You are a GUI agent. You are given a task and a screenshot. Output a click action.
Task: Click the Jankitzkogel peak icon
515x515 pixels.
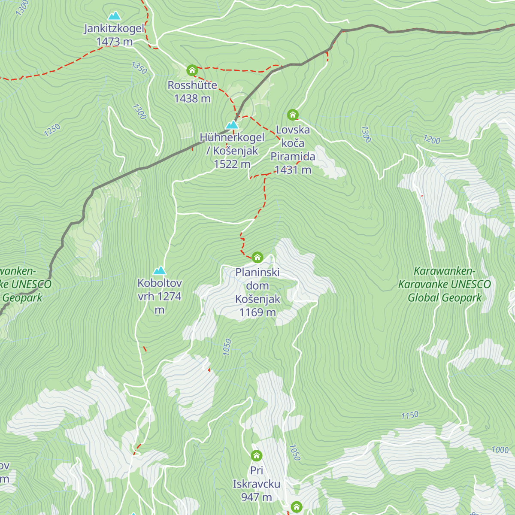114,16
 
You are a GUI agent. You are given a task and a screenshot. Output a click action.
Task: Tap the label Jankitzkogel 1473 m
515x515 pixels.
114,35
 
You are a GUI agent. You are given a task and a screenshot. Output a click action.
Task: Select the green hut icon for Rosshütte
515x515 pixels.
192,70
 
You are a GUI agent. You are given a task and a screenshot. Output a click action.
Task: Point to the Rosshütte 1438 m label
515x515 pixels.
192,92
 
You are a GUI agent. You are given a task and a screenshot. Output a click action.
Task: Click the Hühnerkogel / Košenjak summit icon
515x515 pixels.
232,125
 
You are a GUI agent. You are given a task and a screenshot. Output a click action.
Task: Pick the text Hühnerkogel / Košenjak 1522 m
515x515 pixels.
232,151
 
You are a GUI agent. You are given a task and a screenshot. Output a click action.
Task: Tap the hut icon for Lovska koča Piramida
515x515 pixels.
293,115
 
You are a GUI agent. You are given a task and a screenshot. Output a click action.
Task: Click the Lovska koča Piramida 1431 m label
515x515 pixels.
293,150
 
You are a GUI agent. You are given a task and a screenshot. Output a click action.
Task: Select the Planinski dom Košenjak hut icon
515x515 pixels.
257,257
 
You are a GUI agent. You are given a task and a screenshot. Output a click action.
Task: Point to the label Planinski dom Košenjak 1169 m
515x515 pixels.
257,292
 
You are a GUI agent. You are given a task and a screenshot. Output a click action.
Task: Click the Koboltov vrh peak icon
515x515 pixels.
160,270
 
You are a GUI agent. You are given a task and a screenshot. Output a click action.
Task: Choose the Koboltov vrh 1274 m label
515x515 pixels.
160,296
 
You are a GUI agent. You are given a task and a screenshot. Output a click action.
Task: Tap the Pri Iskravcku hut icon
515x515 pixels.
256,455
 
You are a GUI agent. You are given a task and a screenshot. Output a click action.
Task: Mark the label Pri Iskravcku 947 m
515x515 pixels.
257,484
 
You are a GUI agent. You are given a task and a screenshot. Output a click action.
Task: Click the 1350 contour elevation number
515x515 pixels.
139,68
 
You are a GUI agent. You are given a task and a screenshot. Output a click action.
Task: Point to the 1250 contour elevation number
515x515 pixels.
52,130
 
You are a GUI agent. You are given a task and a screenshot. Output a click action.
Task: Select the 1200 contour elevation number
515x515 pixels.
432,139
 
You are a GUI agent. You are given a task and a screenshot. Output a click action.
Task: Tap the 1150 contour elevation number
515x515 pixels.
410,415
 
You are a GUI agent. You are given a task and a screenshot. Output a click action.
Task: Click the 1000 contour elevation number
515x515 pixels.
500,450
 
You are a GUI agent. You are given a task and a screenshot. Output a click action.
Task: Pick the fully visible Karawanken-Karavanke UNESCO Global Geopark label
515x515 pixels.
445,284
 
